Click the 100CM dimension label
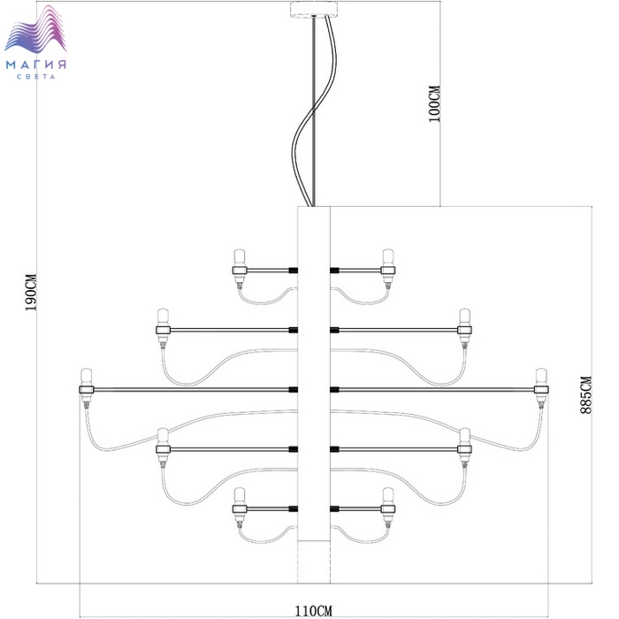[x=434, y=103]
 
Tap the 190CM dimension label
[x=31, y=292]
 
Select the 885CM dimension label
[x=585, y=394]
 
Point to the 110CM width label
[x=314, y=611]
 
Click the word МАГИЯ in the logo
[x=36, y=65]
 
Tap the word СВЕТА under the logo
[x=36, y=77]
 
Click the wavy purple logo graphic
[x=35, y=29]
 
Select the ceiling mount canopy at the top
[x=314, y=10]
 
